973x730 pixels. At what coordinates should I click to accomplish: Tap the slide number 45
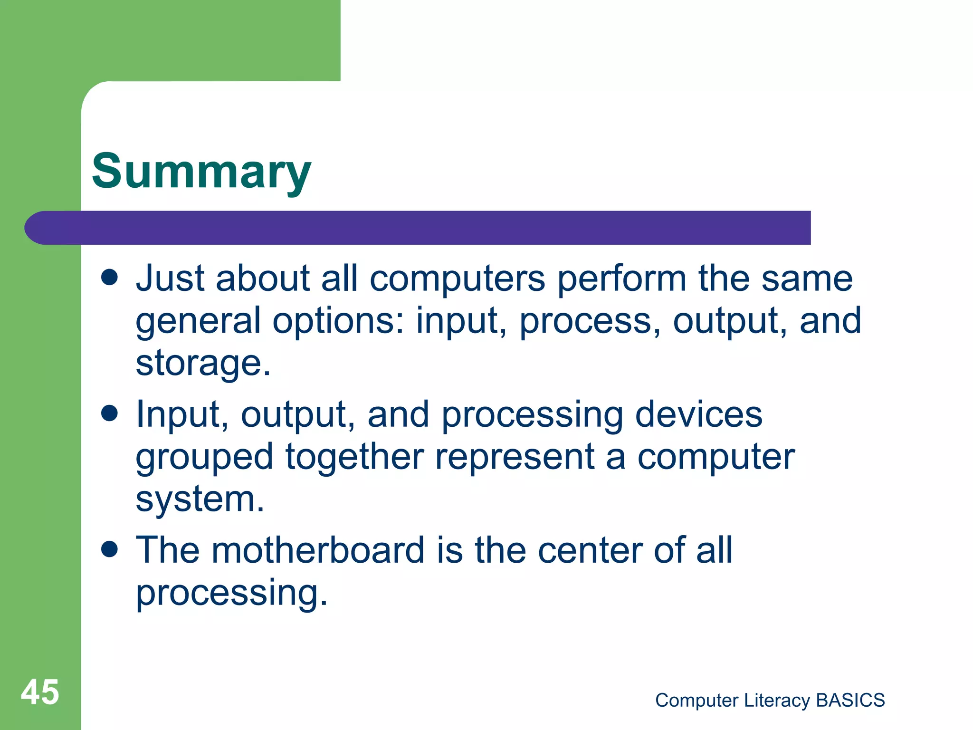click(40, 692)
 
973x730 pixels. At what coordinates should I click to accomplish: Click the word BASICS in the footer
click(850, 700)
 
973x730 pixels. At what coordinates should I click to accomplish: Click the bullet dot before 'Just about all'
click(110, 277)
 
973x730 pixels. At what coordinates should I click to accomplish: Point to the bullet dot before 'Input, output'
click(110, 413)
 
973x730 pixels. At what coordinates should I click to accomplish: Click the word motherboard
click(318, 550)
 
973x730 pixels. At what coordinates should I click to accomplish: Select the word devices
click(698, 414)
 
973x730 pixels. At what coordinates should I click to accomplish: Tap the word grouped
click(204, 457)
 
